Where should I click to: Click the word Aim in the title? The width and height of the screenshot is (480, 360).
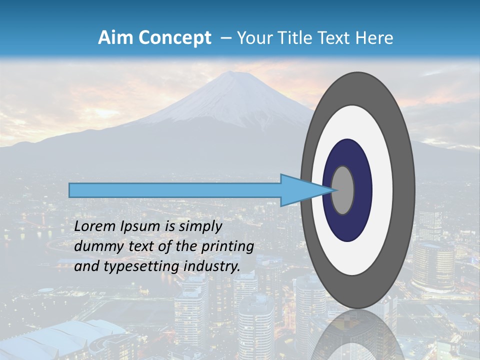[114, 38]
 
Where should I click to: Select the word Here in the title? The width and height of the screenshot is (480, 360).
[374, 38]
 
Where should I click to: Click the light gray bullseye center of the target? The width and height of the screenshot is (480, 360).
[343, 190]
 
